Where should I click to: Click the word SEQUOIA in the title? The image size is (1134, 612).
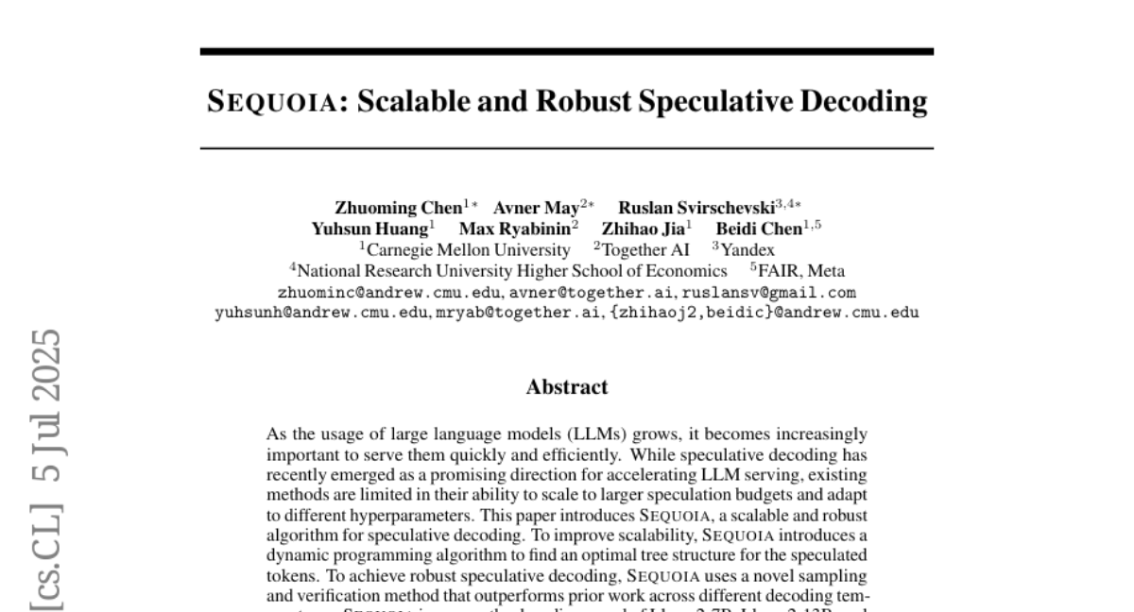267,102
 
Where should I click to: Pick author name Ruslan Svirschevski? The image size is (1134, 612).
696,208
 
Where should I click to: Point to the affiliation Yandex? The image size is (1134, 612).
747,250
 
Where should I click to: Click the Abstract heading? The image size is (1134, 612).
567,387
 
